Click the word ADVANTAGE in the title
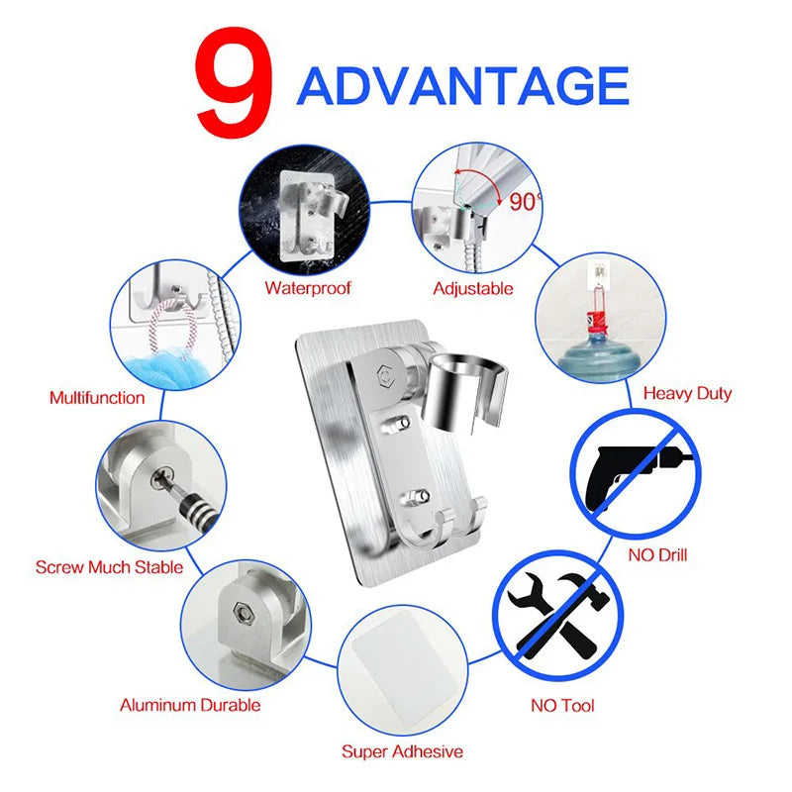[x=462, y=87]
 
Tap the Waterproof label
[x=308, y=289]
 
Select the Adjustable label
[x=473, y=289]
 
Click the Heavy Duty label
[x=687, y=393]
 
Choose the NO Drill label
[x=657, y=554]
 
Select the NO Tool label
[x=562, y=706]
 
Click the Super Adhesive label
[x=402, y=751]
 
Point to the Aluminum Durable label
[x=190, y=705]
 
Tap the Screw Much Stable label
[x=109, y=567]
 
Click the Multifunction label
[x=97, y=398]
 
